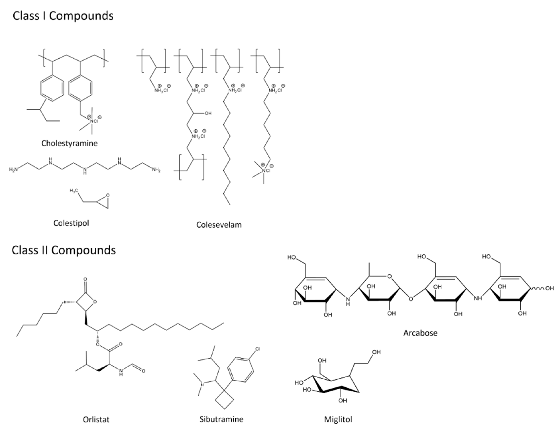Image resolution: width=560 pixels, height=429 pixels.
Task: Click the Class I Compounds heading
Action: [63, 16]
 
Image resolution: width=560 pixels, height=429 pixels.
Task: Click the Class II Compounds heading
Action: [64, 250]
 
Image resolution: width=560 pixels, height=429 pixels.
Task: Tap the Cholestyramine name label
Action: [69, 143]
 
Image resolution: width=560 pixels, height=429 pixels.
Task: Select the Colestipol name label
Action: [71, 223]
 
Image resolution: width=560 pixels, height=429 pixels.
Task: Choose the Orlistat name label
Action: [96, 420]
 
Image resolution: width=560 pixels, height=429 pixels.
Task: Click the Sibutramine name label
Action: [221, 419]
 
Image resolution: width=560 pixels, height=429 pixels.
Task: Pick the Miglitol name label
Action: [338, 419]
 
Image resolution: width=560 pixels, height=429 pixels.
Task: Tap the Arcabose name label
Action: [420, 333]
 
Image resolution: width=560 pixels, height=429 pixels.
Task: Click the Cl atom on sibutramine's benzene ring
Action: [257, 349]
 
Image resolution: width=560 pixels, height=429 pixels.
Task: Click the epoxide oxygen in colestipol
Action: [108, 195]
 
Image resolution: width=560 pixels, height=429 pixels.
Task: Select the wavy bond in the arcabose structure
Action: [537, 288]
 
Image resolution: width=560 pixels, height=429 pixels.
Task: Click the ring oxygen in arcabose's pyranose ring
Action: [389, 276]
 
